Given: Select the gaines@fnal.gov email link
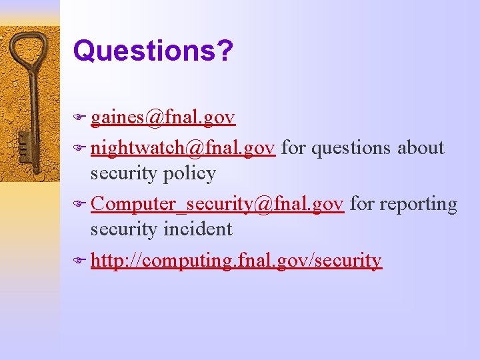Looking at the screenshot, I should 163,118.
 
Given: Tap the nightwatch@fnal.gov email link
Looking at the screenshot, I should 183,147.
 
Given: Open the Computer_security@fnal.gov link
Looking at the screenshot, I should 217,203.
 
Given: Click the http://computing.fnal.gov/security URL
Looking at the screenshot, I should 236,260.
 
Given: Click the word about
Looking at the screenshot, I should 421,147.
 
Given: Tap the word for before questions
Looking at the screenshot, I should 293,147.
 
